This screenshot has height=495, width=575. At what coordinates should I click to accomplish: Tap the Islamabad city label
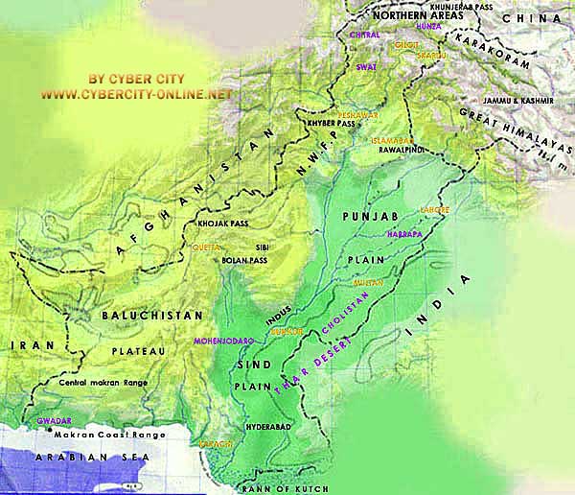pyautogui.click(x=390, y=140)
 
